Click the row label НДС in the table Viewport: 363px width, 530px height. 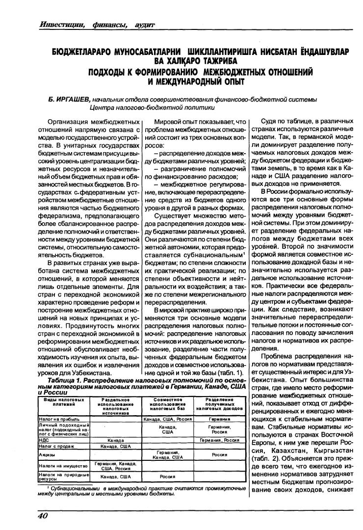tap(43, 440)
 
